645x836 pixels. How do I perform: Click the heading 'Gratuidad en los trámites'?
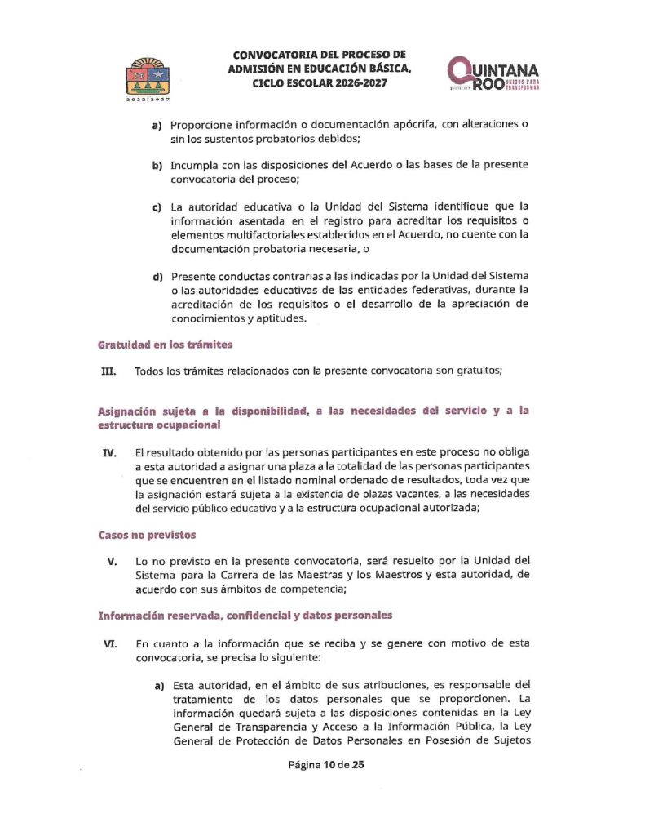click(166, 345)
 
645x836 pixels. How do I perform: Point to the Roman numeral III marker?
click(108, 371)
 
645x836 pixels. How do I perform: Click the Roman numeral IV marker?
click(109, 452)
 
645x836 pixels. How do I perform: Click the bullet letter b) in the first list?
click(159, 165)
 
